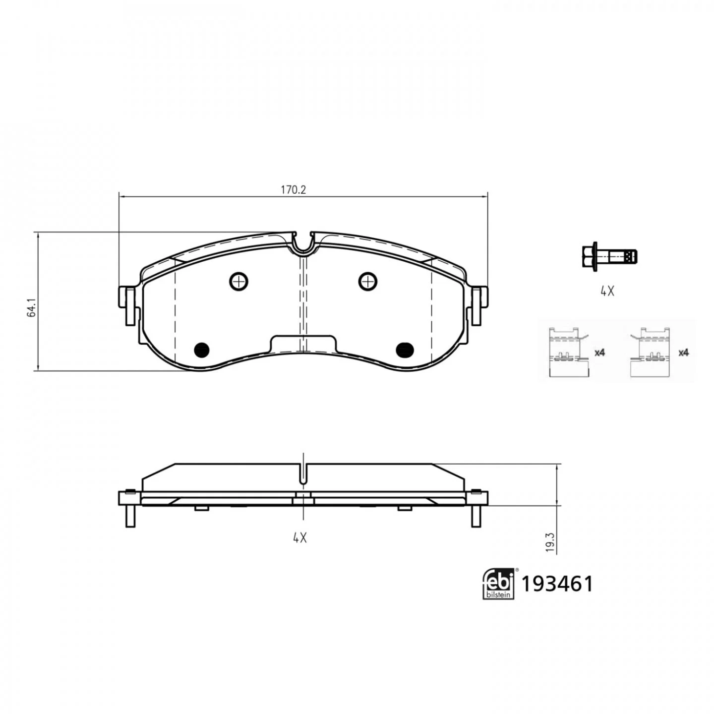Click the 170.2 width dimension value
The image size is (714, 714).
click(293, 190)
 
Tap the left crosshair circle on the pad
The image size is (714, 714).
click(238, 282)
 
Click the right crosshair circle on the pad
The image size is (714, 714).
click(368, 282)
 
